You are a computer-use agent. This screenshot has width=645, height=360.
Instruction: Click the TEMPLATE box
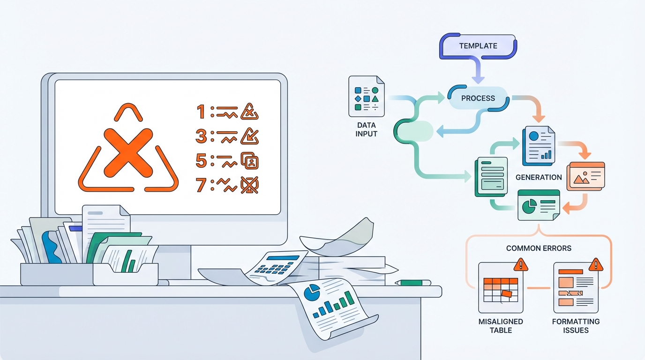coord(478,46)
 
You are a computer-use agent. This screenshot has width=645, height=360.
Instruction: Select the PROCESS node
coord(478,98)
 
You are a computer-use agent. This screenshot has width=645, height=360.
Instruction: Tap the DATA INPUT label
coord(366,130)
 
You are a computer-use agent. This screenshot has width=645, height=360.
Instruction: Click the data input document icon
coord(366,97)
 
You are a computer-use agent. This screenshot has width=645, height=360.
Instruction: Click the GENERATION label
coord(538,178)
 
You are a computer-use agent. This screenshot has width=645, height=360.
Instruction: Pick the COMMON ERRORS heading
coord(539,248)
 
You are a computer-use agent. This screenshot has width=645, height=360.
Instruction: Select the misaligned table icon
coord(500,288)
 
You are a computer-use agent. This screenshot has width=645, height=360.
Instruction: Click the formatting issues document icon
coord(576,288)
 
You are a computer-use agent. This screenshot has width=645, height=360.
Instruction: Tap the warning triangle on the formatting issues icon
coord(596,265)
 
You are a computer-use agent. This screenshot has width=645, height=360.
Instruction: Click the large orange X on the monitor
coord(128,150)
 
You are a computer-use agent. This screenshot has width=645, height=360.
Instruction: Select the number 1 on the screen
coord(202,112)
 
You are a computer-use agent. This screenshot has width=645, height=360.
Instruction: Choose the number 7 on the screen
coord(202,185)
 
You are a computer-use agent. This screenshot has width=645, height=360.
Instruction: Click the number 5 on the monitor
coord(202,161)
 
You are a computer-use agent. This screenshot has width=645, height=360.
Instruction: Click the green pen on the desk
coord(413,283)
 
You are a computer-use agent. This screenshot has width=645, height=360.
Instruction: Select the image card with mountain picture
coord(585,176)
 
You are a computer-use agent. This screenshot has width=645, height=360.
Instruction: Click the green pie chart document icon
coord(539,205)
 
